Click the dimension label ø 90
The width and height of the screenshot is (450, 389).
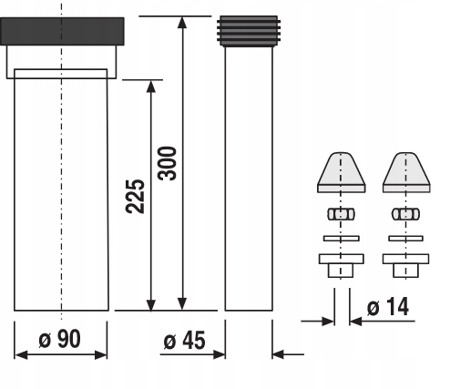pyautogui.click(x=60, y=339)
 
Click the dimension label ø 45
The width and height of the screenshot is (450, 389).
pyautogui.click(x=184, y=341)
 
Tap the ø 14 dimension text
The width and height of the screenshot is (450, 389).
pyautogui.click(x=388, y=307)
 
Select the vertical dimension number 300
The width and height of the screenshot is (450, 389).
pyautogui.click(x=168, y=163)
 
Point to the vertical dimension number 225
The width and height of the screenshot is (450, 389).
pyautogui.click(x=135, y=197)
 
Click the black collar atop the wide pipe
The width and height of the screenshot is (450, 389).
pyautogui.click(x=62, y=31)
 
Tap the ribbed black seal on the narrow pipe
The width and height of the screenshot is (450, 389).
pyautogui.click(x=249, y=31)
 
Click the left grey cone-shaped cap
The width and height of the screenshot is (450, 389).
pyautogui.click(x=342, y=172)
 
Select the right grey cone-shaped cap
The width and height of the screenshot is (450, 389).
pyautogui.click(x=406, y=172)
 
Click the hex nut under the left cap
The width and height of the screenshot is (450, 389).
pyautogui.click(x=341, y=214)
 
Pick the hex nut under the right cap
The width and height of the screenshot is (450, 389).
pyautogui.click(x=406, y=214)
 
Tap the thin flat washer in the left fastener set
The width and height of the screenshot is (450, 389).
pyautogui.click(x=342, y=239)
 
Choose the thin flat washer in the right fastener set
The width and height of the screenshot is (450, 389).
pyautogui.click(x=406, y=239)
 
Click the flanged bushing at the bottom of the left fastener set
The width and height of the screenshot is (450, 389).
pyautogui.click(x=342, y=265)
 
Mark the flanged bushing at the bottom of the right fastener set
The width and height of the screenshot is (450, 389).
pyautogui.click(x=406, y=265)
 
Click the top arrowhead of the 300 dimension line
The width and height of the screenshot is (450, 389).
pyautogui.click(x=182, y=22)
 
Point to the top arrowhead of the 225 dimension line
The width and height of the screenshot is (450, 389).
pyautogui.click(x=151, y=87)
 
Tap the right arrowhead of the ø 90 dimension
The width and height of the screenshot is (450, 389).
pyautogui.click(x=101, y=354)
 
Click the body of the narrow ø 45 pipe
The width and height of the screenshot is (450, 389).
pyautogui.click(x=249, y=179)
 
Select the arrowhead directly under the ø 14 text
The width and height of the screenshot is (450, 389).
pyautogui.click(x=355, y=321)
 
